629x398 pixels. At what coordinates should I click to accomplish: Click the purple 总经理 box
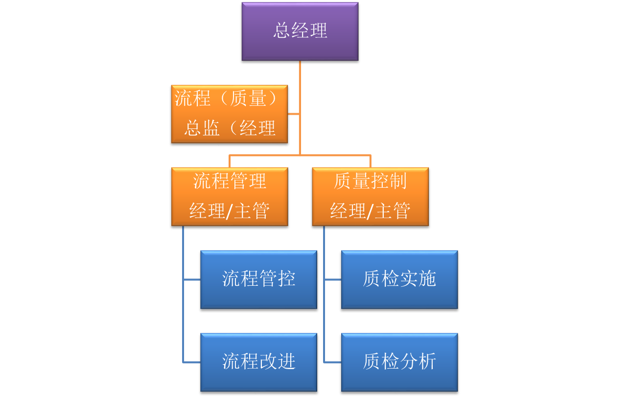tap(300, 31)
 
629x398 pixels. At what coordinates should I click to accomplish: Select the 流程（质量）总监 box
tap(229, 114)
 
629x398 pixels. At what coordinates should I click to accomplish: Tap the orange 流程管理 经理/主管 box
tap(229, 197)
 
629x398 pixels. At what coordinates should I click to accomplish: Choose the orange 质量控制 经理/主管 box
tap(370, 197)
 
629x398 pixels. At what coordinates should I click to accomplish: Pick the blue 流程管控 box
tap(258, 279)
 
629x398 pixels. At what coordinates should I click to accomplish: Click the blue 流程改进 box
tap(258, 362)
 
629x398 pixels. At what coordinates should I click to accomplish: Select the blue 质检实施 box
tap(399, 279)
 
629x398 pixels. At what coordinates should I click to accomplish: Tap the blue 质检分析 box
tap(399, 362)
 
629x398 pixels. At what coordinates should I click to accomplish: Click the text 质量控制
tap(370, 181)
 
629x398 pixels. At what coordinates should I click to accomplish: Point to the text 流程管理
tap(230, 181)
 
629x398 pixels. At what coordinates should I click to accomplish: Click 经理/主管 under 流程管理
tap(230, 211)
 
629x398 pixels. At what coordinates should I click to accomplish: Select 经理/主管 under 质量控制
tap(370, 211)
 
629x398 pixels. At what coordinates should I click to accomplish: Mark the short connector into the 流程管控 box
tap(192, 280)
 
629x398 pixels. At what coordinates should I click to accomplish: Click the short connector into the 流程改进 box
tap(192, 363)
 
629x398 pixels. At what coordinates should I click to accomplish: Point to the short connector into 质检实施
tap(333, 280)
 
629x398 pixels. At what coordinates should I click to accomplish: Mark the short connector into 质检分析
tap(333, 363)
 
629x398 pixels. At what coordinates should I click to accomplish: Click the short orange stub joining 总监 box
tap(293, 114)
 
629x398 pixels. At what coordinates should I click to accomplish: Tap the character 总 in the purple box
tap(282, 31)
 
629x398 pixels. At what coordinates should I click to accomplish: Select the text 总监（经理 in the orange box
tap(230, 128)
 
